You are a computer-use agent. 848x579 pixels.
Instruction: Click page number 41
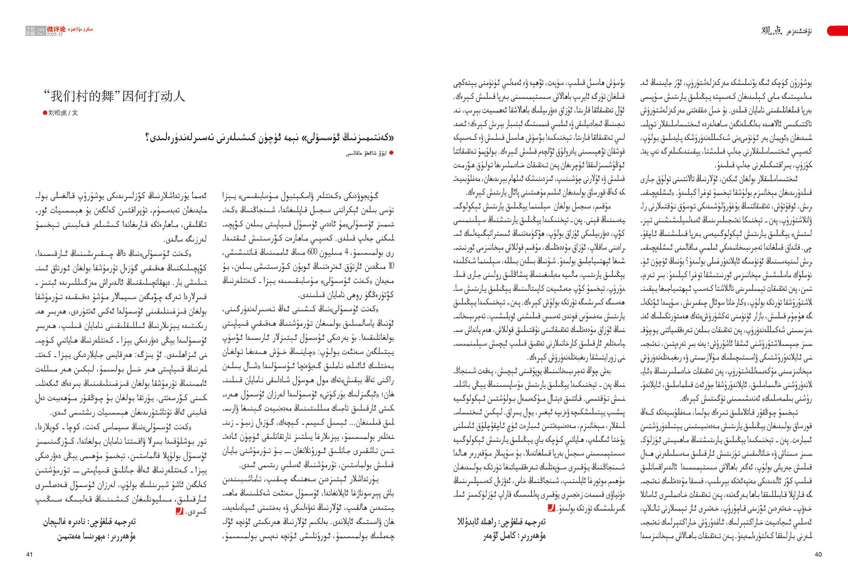(x=30, y=554)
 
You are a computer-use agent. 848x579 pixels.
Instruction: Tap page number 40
(x=818, y=554)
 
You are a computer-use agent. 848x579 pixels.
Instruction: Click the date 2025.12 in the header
(x=55, y=35)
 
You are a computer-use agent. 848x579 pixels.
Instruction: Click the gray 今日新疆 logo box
(x=31, y=31)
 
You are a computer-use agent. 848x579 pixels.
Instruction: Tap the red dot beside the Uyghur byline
(x=392, y=153)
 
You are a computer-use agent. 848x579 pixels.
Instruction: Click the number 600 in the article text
(x=312, y=252)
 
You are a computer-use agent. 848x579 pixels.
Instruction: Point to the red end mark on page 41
(x=179, y=511)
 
